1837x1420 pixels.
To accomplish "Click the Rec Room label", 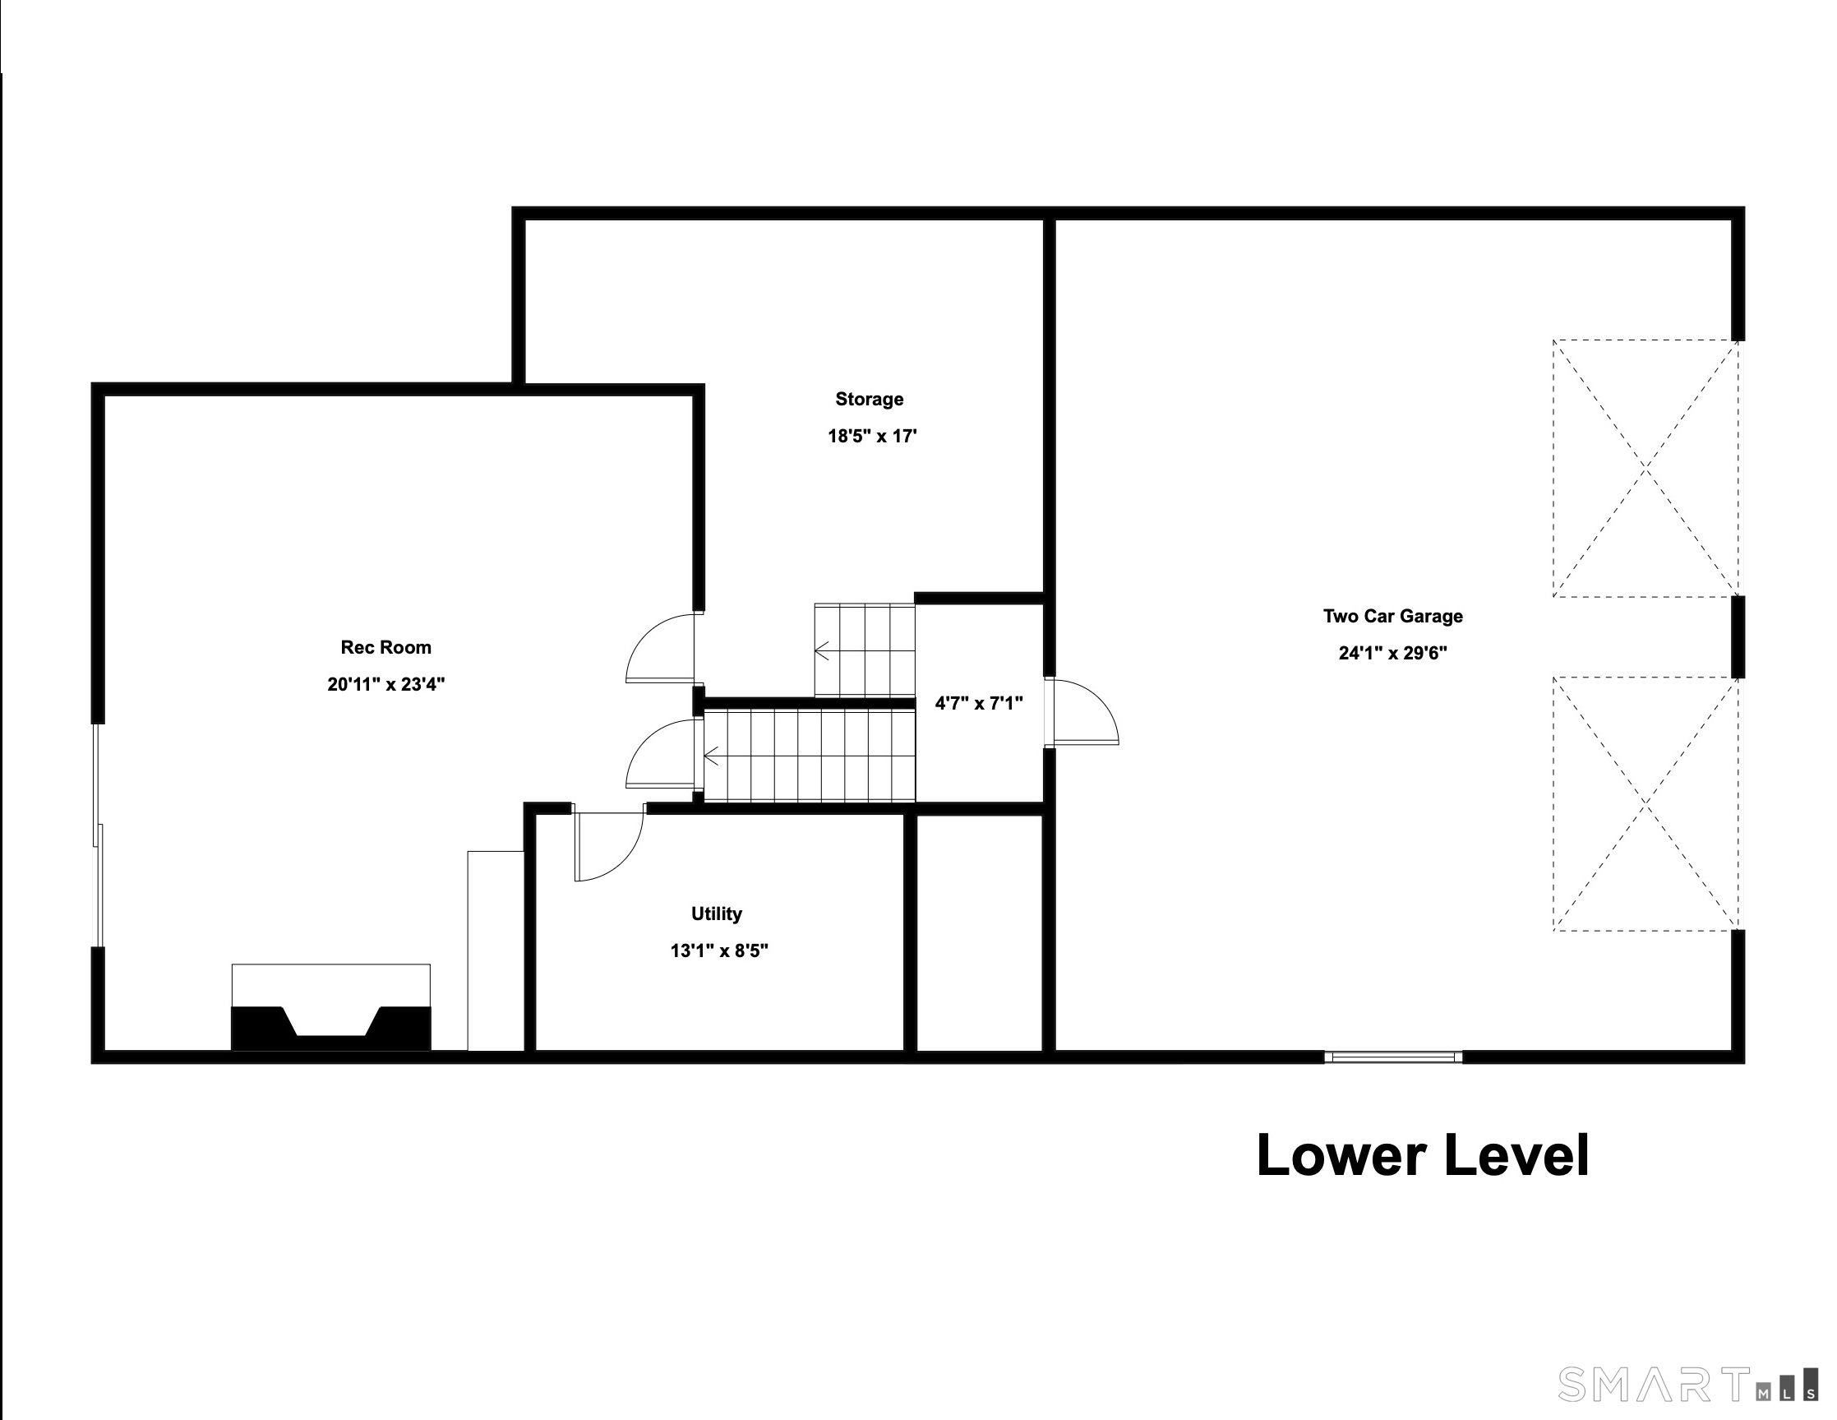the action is [386, 647].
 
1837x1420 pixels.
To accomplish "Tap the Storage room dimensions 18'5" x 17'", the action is [872, 436].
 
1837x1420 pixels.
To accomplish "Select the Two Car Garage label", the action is [1393, 616].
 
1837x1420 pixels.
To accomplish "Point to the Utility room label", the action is [717, 914].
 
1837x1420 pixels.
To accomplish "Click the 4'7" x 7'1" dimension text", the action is [979, 703].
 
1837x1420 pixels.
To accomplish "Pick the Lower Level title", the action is [1424, 1155].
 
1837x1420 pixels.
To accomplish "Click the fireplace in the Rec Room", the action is [331, 1007].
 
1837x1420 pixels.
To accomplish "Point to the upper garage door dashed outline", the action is [1646, 468].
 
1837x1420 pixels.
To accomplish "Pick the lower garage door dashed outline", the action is [1646, 803].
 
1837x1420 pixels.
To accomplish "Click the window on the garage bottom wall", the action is [1394, 1057].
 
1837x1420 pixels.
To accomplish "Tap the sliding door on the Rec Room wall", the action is [99, 835].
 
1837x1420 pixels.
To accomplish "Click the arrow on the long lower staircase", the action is [712, 756].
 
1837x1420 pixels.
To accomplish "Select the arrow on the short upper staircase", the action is [823, 650].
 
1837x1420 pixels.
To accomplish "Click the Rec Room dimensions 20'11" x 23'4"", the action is [386, 684].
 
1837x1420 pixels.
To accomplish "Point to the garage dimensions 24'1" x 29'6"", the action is [1393, 653].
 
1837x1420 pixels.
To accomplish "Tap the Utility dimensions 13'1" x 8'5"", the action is [719, 951].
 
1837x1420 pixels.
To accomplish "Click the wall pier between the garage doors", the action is [1738, 636].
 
